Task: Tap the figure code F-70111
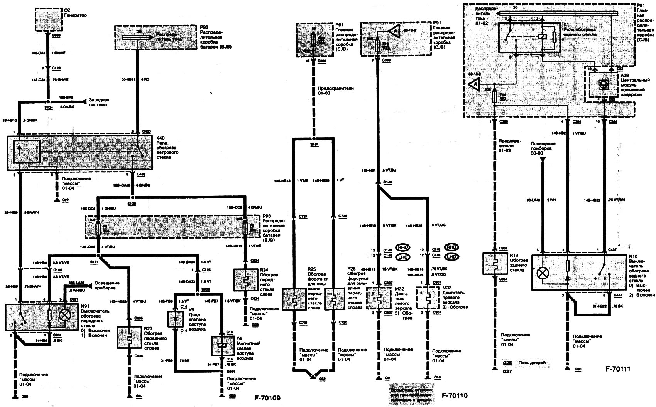pos(617,369)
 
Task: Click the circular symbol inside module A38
pos(601,85)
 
